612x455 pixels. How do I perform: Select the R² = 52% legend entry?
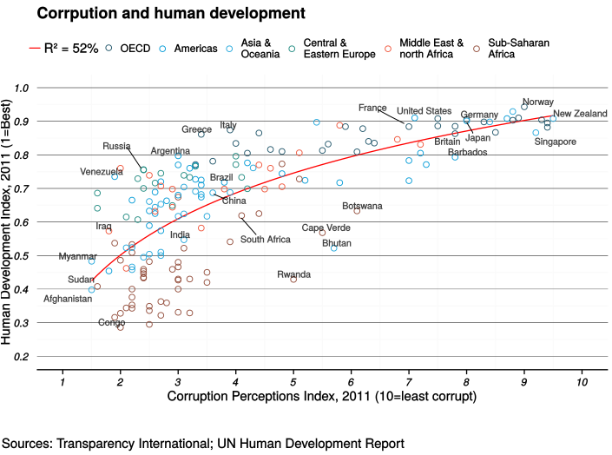coord(63,49)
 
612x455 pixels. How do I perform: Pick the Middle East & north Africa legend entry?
coord(431,49)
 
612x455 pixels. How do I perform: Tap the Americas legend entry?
coord(194,49)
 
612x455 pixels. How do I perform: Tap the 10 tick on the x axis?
coord(581,382)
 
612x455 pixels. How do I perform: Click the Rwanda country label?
coord(293,274)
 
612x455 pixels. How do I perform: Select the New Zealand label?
coord(580,114)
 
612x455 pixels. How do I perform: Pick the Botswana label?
coord(362,207)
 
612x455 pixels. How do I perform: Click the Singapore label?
coord(555,142)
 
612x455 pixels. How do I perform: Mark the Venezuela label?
coord(102,172)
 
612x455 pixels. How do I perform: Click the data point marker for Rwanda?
coord(293,279)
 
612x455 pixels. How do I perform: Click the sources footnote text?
coord(201,444)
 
